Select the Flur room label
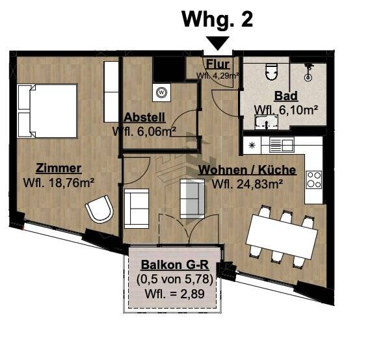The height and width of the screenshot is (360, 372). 217,64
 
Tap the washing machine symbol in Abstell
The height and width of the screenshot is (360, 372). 161,92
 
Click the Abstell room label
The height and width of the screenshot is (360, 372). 144,118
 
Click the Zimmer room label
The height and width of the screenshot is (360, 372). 59,168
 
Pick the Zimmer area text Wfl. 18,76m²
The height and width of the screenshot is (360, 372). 59,182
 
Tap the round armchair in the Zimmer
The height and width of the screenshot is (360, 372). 100,211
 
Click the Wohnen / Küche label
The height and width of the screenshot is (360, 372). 247,170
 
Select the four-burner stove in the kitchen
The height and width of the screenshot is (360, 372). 313,178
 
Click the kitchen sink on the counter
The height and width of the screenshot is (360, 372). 281,145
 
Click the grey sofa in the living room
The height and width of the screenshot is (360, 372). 191,199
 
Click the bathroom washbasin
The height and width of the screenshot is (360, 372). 265,123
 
